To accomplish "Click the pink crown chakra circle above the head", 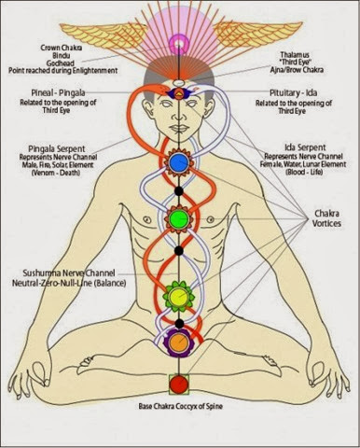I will point(178,41).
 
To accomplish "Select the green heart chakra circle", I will point(178,219).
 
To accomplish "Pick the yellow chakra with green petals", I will point(178,299).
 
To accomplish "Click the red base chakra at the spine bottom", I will point(178,383).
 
